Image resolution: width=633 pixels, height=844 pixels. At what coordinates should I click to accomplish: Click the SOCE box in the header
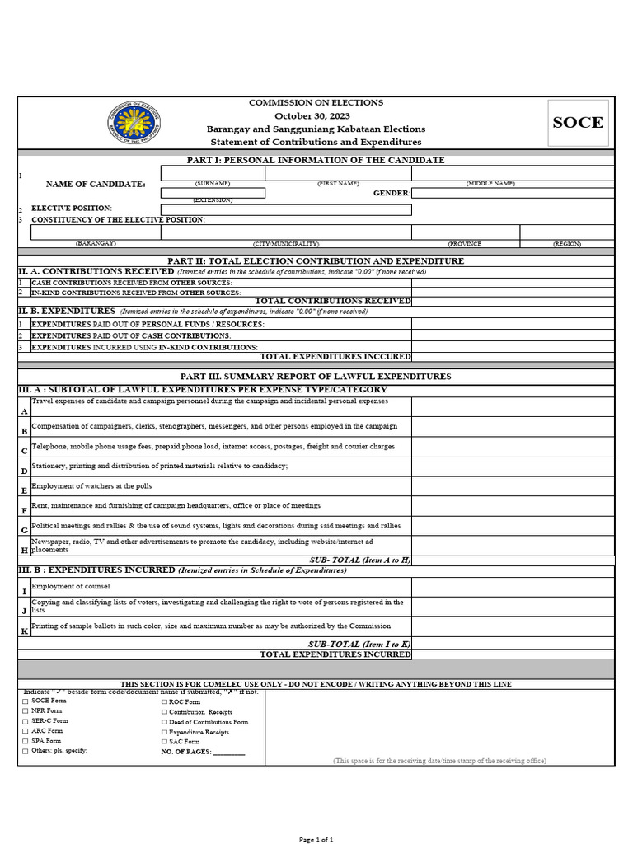click(578, 123)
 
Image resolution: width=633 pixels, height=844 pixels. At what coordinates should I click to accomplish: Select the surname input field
click(213, 173)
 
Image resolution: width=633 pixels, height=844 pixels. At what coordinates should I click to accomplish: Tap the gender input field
click(513, 193)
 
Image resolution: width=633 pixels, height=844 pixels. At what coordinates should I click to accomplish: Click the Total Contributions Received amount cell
click(513, 301)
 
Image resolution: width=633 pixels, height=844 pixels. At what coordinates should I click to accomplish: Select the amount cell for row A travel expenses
click(513, 406)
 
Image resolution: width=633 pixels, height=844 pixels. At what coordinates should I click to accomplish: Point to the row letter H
click(24, 550)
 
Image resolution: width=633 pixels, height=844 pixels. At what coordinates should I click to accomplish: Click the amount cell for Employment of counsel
click(513, 587)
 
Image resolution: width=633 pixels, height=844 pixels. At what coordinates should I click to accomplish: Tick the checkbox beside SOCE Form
click(25, 701)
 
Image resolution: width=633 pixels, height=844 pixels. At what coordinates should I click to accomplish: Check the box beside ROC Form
click(164, 702)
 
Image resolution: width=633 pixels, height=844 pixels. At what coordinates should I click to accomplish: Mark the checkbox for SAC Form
click(164, 742)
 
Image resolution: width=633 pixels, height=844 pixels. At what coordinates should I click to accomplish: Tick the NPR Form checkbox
click(25, 710)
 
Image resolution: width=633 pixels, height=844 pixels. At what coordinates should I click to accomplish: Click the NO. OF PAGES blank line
click(229, 753)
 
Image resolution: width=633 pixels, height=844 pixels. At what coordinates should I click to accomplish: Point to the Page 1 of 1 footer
click(316, 839)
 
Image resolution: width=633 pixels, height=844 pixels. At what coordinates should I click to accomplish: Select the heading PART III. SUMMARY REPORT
click(316, 376)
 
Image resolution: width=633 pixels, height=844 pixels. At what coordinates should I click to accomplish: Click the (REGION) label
click(566, 244)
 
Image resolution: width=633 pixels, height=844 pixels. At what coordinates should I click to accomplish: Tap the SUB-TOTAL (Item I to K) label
click(359, 644)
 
